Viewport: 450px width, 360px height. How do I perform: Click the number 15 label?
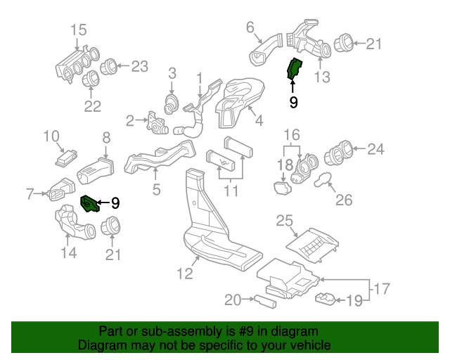pos(78,30)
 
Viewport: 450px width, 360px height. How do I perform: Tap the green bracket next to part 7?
pos(89,204)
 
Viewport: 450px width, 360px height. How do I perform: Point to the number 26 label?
pos(343,200)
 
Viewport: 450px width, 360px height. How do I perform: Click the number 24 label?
pos(376,149)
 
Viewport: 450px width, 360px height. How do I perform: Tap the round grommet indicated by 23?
pos(109,67)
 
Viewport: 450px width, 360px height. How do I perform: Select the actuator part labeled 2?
pos(153,124)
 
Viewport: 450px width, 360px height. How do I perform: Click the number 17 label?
pos(380,288)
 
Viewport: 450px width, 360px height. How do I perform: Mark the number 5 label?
pos(155,189)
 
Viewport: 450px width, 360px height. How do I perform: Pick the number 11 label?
pos(231,191)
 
